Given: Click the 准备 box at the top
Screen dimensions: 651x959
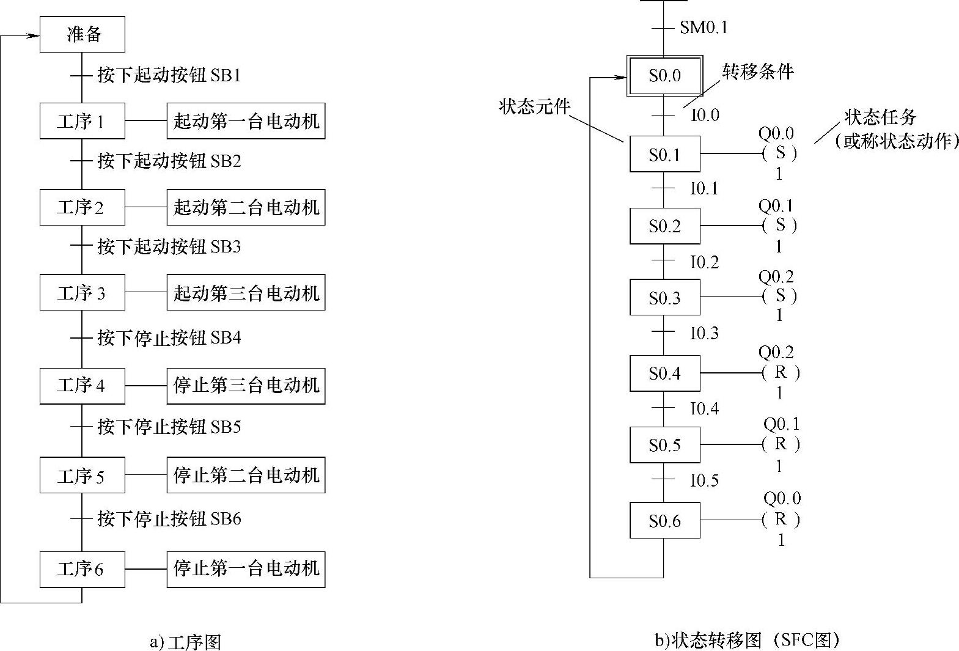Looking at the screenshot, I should coord(83,34).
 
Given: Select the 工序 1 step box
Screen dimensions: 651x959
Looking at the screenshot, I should coord(83,121).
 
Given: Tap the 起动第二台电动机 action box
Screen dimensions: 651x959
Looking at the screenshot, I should coord(246,207).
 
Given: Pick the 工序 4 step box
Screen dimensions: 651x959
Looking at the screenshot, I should coord(83,386).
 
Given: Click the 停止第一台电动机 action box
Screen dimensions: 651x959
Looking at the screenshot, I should coord(246,569).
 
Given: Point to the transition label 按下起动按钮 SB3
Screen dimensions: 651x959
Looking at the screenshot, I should coord(169,247).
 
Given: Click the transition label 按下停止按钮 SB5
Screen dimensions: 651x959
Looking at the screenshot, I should coord(169,427).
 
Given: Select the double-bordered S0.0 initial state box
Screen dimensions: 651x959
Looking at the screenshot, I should coord(664,76).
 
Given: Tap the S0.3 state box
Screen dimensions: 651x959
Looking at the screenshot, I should coord(664,298).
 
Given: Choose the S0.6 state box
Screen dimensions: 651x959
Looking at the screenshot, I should coord(664,521).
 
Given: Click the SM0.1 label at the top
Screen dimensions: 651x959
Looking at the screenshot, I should coord(704,28).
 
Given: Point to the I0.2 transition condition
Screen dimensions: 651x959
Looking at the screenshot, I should coord(705,262).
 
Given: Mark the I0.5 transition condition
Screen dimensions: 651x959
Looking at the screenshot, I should coord(705,480).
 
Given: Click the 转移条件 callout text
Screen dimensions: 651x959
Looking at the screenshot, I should coord(758,72).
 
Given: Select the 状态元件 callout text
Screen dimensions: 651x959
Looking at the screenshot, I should coord(534,108).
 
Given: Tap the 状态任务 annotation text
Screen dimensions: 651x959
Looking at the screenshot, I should coord(880,117).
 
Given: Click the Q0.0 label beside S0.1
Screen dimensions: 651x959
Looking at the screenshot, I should coord(776,133).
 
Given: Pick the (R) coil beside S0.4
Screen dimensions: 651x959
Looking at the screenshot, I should coord(781,372).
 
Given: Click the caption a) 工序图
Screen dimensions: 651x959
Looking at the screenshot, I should coord(185,642).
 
